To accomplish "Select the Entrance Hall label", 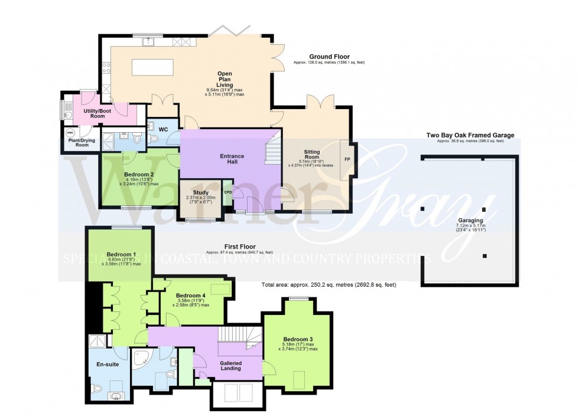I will click(232, 159).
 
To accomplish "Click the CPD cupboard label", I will click(228, 192).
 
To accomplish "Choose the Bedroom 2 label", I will click(139, 175).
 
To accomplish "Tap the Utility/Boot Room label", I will click(97, 113).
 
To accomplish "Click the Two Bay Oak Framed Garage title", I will click(470, 135).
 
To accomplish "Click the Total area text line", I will click(328, 284).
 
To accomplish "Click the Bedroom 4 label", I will click(191, 295).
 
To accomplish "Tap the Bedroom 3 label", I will click(298, 339).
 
